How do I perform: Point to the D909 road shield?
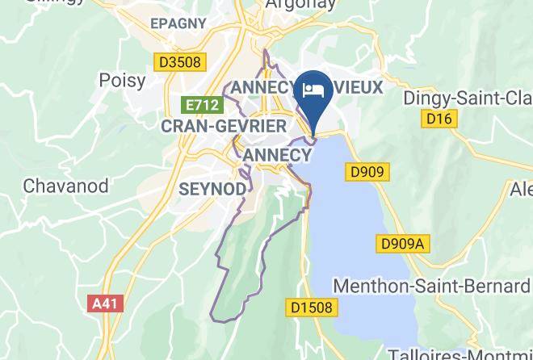point(367,172)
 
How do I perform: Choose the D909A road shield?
point(401,243)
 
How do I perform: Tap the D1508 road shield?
point(311,308)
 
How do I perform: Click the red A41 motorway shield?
point(103,303)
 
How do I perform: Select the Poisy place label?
point(122,80)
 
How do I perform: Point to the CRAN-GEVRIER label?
point(224,127)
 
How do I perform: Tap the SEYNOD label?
point(211,188)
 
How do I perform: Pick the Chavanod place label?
point(65,185)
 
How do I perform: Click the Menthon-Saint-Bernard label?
point(431,287)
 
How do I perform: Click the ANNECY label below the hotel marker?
point(276,155)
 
